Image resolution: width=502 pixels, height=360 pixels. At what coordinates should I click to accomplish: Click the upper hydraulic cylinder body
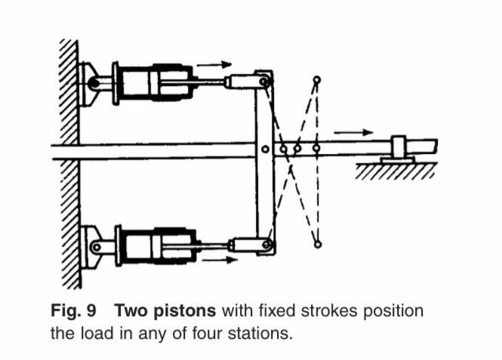tap(155, 82)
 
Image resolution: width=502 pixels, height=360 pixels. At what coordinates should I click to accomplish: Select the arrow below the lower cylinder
tap(215, 260)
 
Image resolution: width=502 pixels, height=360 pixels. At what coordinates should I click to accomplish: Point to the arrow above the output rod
tap(348, 132)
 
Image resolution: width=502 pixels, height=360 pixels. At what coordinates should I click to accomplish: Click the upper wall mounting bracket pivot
tap(93, 82)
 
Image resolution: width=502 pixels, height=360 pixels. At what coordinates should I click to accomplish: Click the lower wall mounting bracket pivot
tap(95, 246)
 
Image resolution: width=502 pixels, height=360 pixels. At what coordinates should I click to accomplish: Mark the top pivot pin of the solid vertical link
tap(263, 81)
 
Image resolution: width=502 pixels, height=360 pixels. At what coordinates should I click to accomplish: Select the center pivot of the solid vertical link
tap(264, 149)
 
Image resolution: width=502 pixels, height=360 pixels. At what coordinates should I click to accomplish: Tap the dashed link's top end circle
tap(316, 79)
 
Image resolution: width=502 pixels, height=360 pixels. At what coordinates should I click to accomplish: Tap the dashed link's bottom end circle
tap(317, 244)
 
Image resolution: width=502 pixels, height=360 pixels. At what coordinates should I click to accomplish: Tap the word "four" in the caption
tap(204, 332)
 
